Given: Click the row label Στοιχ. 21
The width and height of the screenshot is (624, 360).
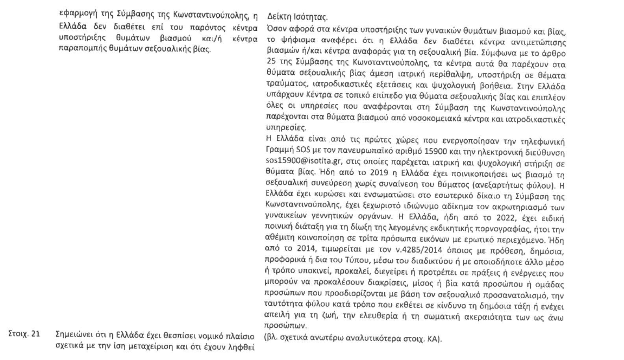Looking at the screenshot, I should pyautogui.click(x=24, y=334).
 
